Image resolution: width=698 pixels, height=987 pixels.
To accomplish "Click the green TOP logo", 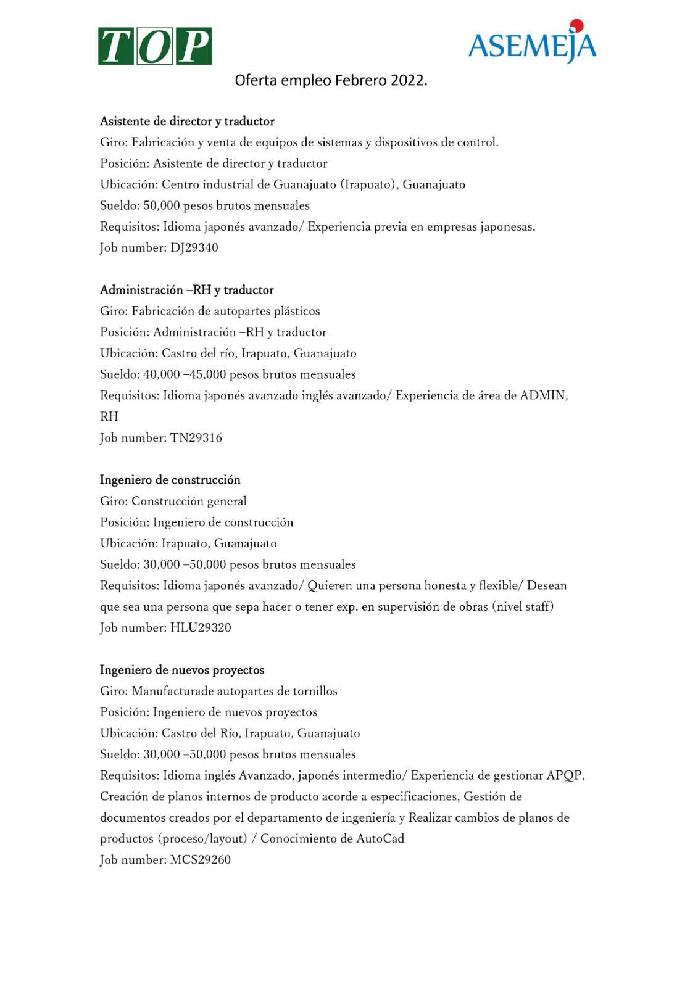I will pos(155,46).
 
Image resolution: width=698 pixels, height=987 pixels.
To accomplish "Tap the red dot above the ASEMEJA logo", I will pos(576,25).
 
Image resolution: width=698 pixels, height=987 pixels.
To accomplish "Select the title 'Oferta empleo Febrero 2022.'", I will pos(331,80).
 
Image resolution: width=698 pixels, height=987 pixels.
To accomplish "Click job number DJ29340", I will pos(194,248).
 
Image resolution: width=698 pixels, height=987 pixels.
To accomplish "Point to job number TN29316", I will pos(196,438).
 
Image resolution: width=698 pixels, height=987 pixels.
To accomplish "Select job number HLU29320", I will pos(201,628).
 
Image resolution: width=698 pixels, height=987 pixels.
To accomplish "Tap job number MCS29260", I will pos(200,860).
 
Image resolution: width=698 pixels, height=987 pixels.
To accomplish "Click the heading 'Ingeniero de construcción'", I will pos(170,480).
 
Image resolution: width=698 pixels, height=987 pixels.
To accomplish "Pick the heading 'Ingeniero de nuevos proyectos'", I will pos(182,670).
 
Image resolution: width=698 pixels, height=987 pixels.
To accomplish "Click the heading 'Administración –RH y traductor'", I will pos(186,290).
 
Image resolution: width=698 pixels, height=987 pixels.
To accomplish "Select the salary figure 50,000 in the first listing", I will pos(161,205).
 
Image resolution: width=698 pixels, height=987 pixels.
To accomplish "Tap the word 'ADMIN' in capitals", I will pos(543,395).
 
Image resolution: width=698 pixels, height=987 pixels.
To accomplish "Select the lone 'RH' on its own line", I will pos(109,416).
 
